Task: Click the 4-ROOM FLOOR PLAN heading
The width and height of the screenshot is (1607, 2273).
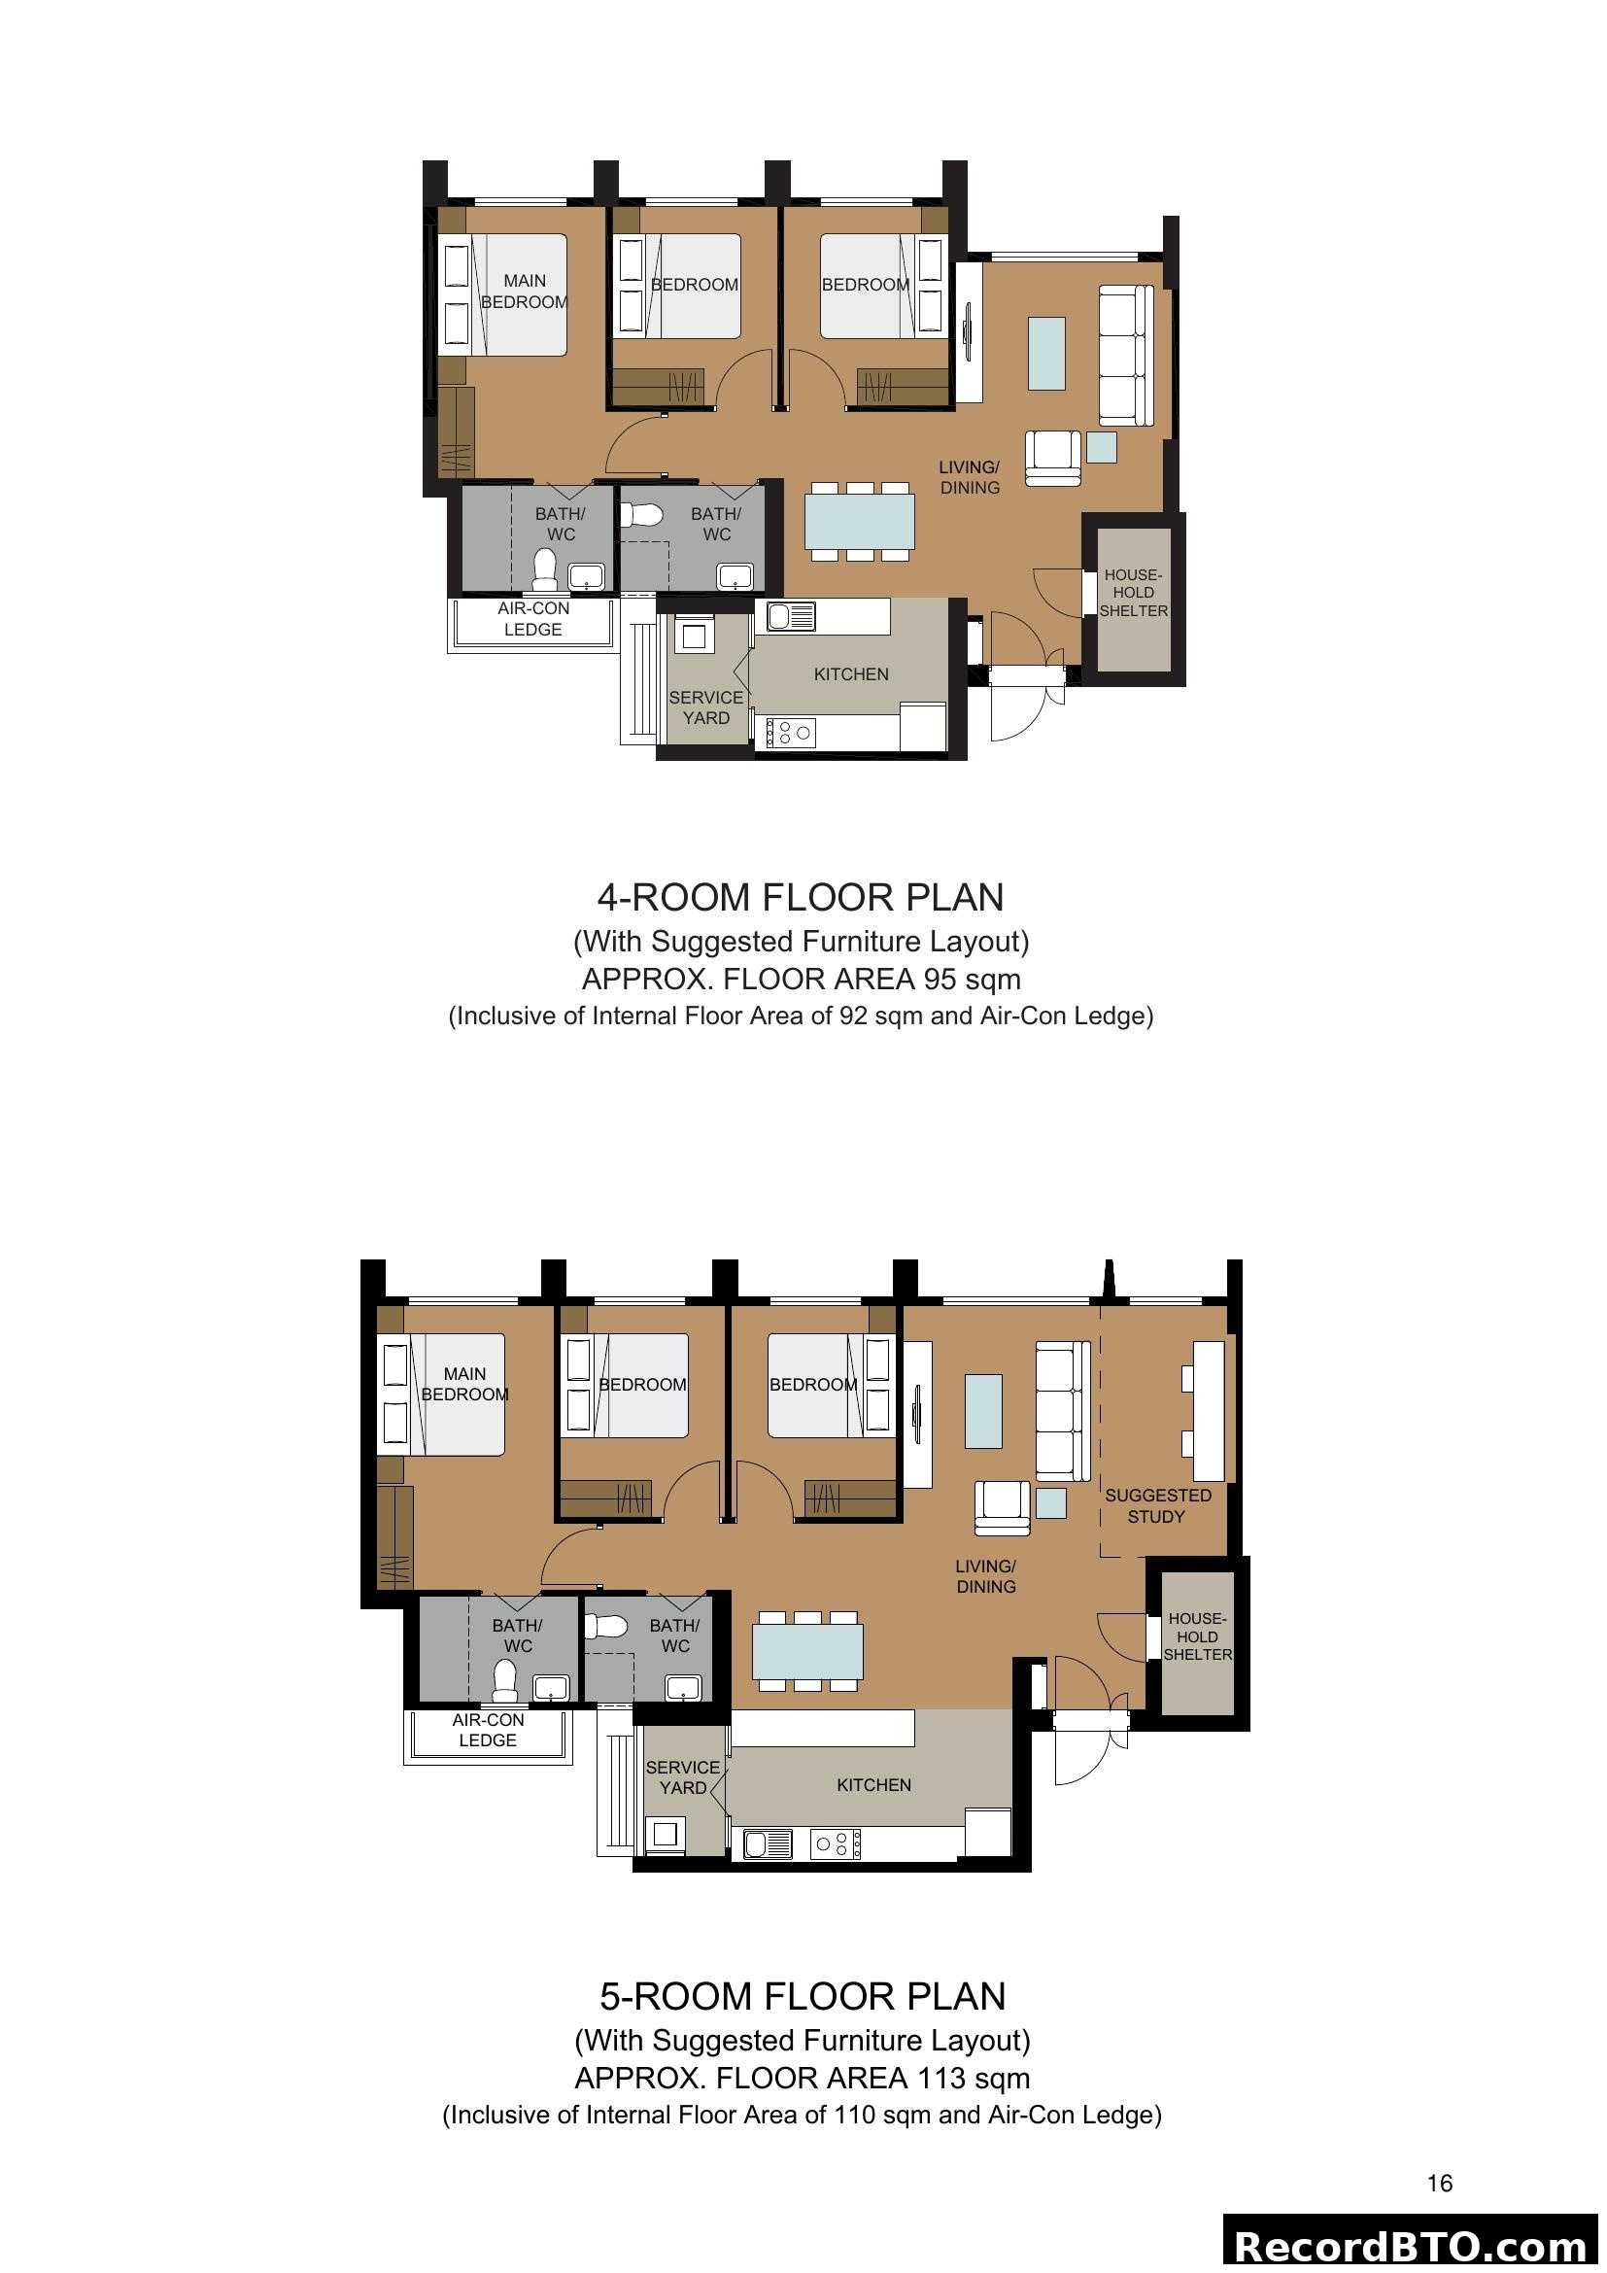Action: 800,898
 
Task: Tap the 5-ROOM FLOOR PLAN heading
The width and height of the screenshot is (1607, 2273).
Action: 802,1997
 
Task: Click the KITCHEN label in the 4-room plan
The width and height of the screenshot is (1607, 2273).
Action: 851,674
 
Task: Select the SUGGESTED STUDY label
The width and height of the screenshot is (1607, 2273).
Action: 1157,1505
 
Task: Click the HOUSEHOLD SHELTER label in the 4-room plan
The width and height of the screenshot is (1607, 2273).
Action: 1133,593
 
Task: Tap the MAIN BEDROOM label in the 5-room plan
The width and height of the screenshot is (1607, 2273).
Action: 464,1384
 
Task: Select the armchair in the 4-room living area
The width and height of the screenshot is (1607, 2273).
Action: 1052,458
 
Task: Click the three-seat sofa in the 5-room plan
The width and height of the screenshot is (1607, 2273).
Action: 1061,1411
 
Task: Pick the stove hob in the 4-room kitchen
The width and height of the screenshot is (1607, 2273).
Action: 792,733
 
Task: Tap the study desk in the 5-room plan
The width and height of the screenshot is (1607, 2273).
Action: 1209,1411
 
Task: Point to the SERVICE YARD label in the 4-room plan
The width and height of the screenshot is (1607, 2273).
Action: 705,707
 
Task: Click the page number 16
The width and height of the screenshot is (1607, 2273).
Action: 1440,2184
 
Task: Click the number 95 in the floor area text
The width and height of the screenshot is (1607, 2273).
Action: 940,980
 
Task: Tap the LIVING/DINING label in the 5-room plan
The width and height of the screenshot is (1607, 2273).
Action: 985,1576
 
